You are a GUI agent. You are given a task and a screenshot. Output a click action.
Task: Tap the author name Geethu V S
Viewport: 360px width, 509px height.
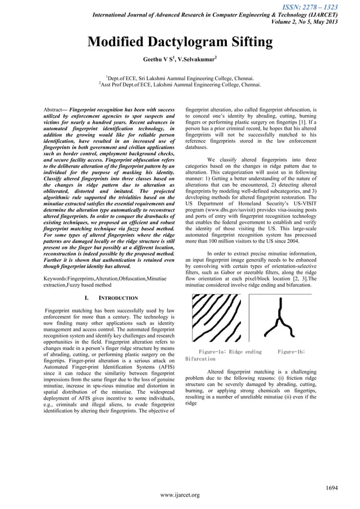(x=159, y=58)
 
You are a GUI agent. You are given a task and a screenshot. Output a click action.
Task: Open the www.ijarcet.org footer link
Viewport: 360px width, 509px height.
(x=180, y=495)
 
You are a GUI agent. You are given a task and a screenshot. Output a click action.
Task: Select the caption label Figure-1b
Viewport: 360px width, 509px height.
(x=291, y=352)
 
